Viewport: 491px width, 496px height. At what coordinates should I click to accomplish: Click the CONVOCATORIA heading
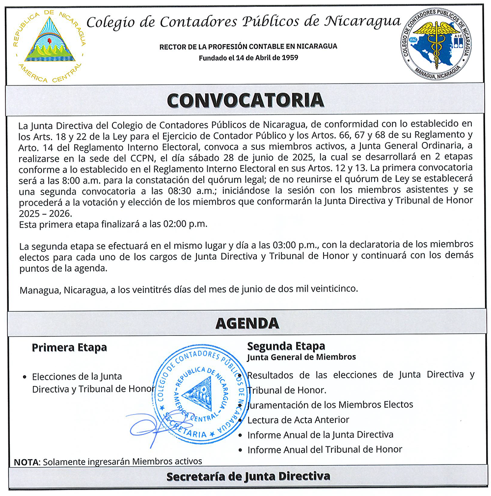pyautogui.click(x=245, y=100)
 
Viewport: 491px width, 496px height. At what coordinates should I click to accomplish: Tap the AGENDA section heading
pyautogui.click(x=247, y=323)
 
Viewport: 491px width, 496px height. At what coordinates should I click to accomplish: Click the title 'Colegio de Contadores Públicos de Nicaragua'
pyautogui.click(x=243, y=22)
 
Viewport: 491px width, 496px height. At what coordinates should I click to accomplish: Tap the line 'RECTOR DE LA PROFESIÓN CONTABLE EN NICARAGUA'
pyautogui.click(x=248, y=47)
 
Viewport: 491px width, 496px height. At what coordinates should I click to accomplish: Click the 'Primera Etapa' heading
pyautogui.click(x=69, y=348)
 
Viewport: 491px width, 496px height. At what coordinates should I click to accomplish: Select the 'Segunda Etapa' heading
pyautogui.click(x=286, y=346)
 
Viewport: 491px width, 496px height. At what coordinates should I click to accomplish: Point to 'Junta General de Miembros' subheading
pyautogui.click(x=301, y=357)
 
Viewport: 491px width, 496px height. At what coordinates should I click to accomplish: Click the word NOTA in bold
pyautogui.click(x=27, y=462)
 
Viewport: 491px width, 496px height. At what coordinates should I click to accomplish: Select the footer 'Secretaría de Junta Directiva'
pyautogui.click(x=248, y=476)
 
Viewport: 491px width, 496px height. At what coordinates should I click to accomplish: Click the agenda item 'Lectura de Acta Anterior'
pyautogui.click(x=298, y=420)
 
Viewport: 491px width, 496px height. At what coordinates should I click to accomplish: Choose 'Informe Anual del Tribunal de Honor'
pyautogui.click(x=325, y=449)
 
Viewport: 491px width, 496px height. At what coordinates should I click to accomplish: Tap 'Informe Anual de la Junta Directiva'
pyautogui.click(x=320, y=435)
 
